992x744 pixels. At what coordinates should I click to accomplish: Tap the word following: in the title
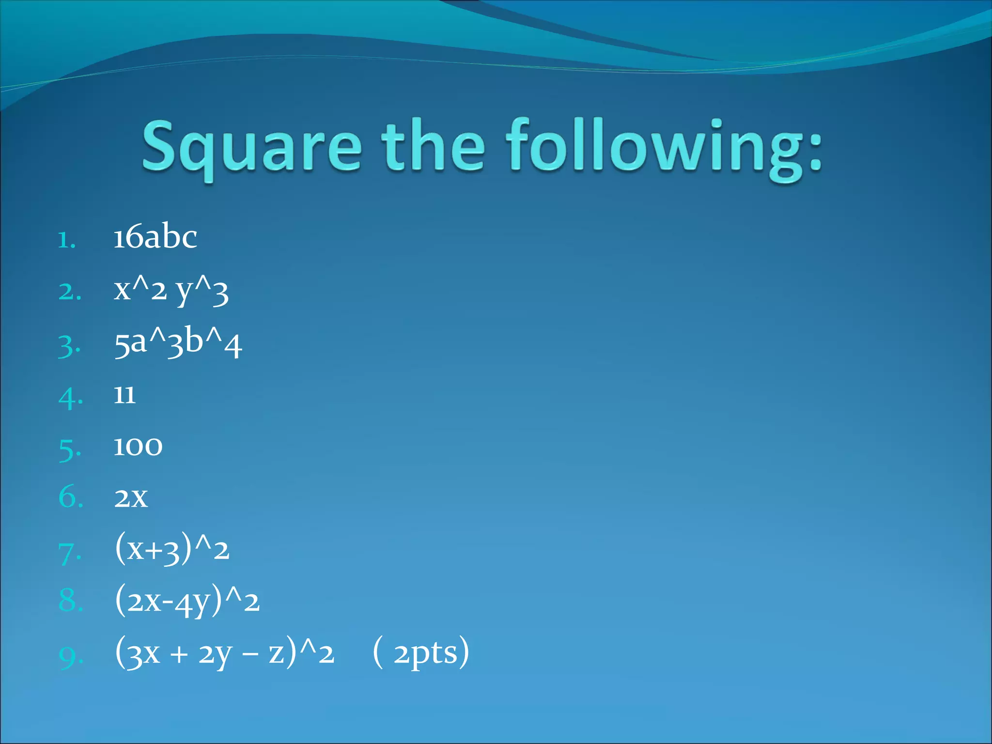tap(664, 148)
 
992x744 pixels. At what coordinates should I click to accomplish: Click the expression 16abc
tap(155, 237)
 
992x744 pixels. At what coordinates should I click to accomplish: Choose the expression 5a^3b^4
tap(178, 343)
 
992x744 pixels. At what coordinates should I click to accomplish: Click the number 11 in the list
tap(124, 395)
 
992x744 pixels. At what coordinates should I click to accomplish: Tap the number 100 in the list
tap(138, 446)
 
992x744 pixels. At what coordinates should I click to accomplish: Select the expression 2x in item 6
tap(131, 498)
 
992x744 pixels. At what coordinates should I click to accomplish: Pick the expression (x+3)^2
tap(172, 550)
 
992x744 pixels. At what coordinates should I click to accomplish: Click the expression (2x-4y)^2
tap(187, 602)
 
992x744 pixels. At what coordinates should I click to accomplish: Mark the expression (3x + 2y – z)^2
tap(225, 653)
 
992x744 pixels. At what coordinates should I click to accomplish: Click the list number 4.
tap(70, 398)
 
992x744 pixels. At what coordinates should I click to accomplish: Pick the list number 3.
tap(69, 347)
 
